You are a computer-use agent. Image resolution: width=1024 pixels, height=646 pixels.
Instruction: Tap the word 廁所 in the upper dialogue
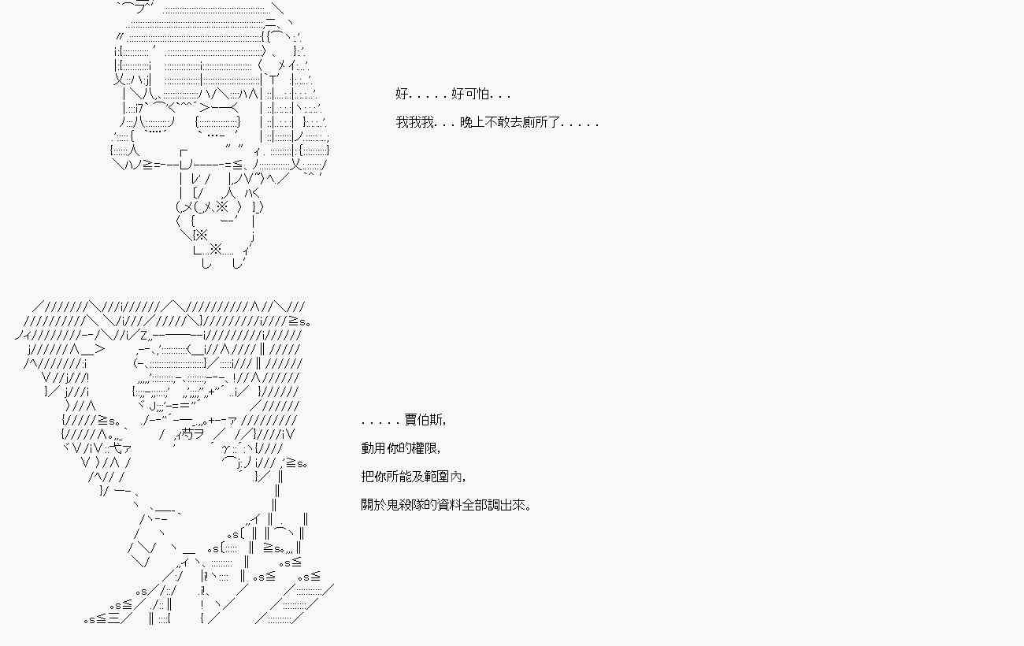coord(536,123)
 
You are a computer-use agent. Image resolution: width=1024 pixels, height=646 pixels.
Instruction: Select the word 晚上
coord(470,123)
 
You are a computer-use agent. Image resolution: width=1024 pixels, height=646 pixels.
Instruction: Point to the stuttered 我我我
coord(414,123)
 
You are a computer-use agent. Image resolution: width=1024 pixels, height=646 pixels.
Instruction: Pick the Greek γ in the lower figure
coord(227,449)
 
